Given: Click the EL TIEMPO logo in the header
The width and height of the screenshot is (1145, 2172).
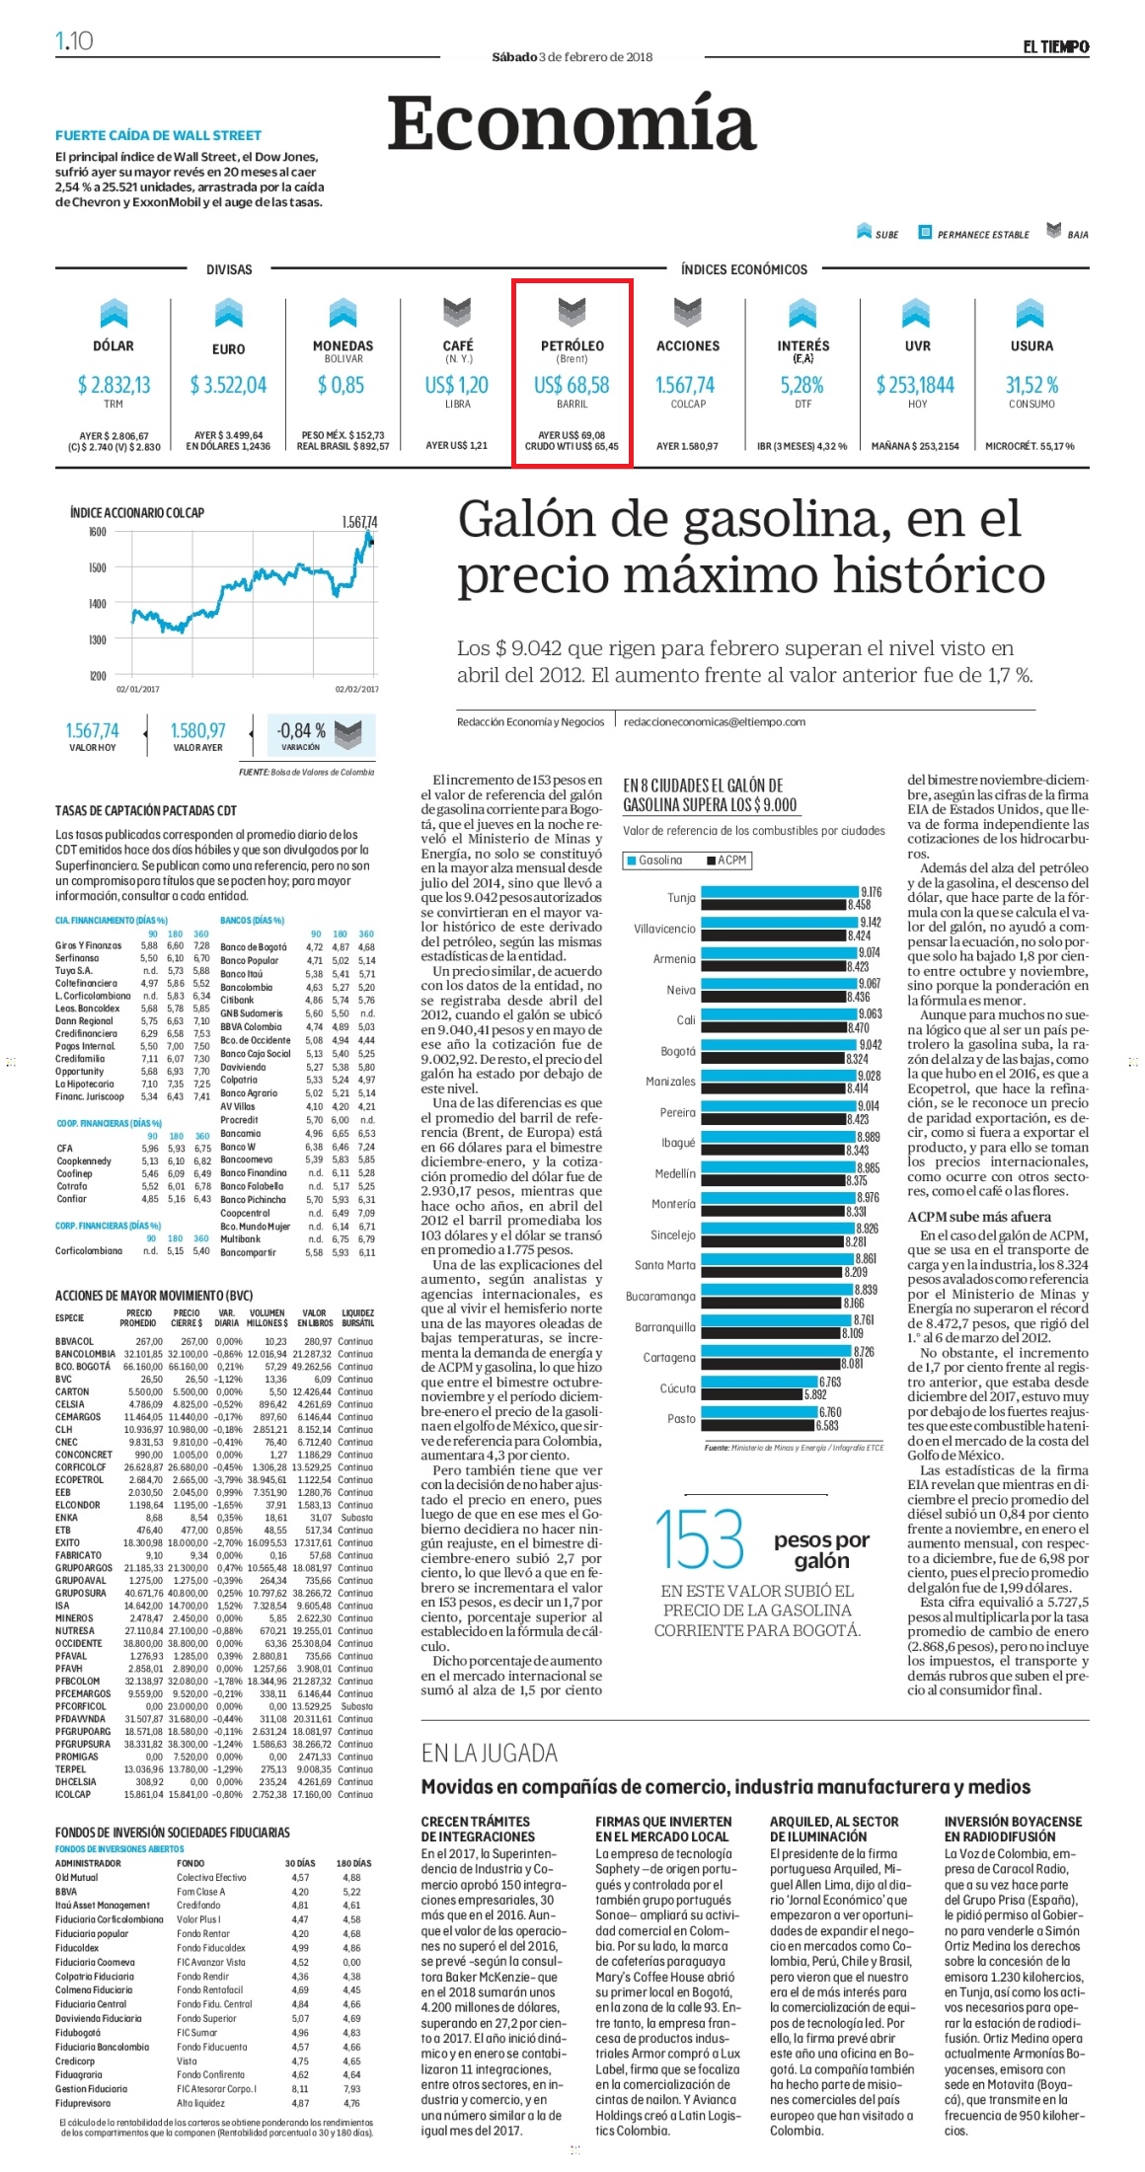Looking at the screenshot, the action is (1055, 46).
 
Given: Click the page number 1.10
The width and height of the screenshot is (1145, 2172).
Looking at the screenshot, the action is (74, 40).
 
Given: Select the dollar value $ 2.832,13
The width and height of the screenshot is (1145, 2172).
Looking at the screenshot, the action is (114, 385).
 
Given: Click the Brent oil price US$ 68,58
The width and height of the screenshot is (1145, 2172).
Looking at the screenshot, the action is (572, 385).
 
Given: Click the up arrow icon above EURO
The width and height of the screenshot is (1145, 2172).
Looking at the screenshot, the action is (229, 312).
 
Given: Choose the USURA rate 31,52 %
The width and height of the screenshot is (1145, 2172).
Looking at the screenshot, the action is (1031, 385).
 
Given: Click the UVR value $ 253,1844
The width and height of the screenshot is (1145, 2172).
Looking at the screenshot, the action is (916, 385).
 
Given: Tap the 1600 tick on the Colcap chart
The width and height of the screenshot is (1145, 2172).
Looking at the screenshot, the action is (97, 532).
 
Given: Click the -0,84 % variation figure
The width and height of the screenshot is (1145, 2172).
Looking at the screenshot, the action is (302, 730).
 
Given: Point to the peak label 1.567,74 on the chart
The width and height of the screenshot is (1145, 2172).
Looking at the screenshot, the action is (359, 522).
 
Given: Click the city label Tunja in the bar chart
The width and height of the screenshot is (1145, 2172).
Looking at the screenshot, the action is (681, 898).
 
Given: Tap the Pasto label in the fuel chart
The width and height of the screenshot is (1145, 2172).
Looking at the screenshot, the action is (681, 1419).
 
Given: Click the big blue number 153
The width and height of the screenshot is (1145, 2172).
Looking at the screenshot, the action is (700, 1539).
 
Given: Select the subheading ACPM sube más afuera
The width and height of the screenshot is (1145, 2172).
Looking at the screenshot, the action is (979, 1217).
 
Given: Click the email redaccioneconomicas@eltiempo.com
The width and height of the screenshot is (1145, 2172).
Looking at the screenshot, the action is (715, 722).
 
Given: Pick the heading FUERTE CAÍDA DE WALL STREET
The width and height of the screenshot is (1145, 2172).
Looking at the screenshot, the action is (159, 135).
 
